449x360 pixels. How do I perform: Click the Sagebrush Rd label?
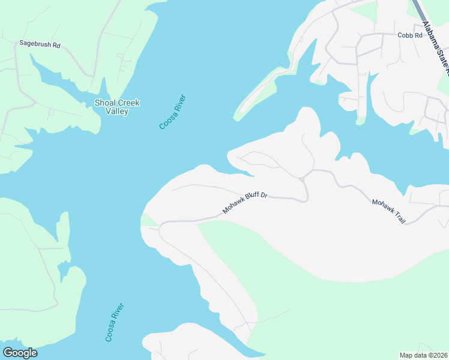click(x=40, y=44)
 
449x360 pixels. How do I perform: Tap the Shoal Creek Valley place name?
click(x=117, y=107)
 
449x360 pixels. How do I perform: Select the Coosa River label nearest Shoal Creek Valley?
click(x=173, y=112)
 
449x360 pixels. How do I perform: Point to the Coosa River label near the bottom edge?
click(x=115, y=323)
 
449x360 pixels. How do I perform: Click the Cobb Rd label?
click(x=410, y=35)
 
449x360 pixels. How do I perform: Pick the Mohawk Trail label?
click(x=388, y=211)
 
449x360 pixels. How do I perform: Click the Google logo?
click(x=20, y=353)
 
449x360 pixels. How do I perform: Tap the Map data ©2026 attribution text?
click(x=423, y=355)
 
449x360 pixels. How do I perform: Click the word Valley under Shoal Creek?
click(x=117, y=112)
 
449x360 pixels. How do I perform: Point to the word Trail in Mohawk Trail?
click(x=397, y=217)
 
